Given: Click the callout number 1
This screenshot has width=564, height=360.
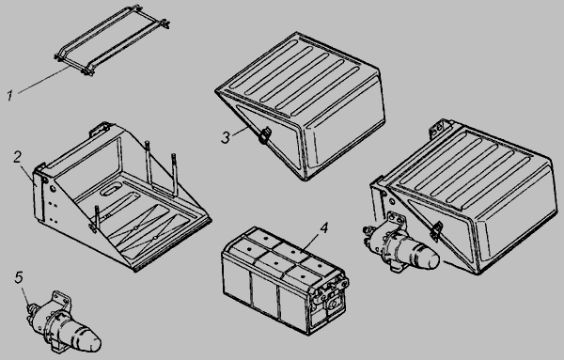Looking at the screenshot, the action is coord(10,95).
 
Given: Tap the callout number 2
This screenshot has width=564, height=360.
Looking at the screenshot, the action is coord(17,157).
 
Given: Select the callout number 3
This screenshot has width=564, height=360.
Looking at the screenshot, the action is coord(226,137).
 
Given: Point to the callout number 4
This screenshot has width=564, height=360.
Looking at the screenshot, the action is coord(324,227).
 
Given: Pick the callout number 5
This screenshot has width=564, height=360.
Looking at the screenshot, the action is coord(19,277).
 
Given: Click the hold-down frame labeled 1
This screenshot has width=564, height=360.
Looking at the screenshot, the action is coord(112,39).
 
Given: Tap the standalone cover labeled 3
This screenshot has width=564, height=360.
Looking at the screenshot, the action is coord(302,105).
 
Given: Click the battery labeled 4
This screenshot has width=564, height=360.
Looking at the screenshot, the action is coord(285,280).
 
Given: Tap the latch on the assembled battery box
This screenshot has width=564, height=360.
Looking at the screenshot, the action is coord(436,230).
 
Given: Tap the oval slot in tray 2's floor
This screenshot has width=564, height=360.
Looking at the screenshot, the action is coord(111,190).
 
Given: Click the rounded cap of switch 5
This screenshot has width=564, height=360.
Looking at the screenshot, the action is coord(87,338).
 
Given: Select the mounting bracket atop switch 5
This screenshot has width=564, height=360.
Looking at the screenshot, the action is coord(61,300).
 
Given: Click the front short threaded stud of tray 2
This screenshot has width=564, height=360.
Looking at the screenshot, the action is coord(97,218).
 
